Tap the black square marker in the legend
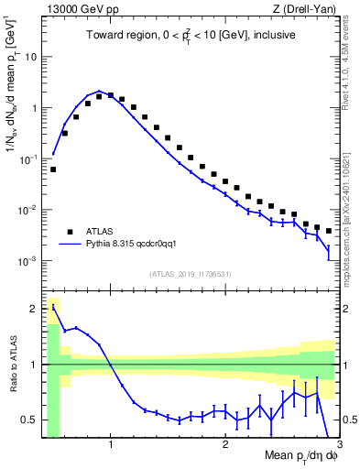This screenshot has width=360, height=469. pos(71,232)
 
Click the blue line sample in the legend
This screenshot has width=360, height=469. pos(71,245)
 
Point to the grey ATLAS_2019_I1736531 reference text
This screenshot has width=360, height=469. pos(190,274)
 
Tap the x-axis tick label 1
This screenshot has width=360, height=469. pos(111,447)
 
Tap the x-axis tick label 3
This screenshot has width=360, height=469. pos(338,447)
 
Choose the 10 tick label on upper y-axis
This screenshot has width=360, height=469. pos(29,57)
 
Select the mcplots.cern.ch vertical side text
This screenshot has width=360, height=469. pos(351,197)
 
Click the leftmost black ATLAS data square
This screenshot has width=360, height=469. pos(53,169)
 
